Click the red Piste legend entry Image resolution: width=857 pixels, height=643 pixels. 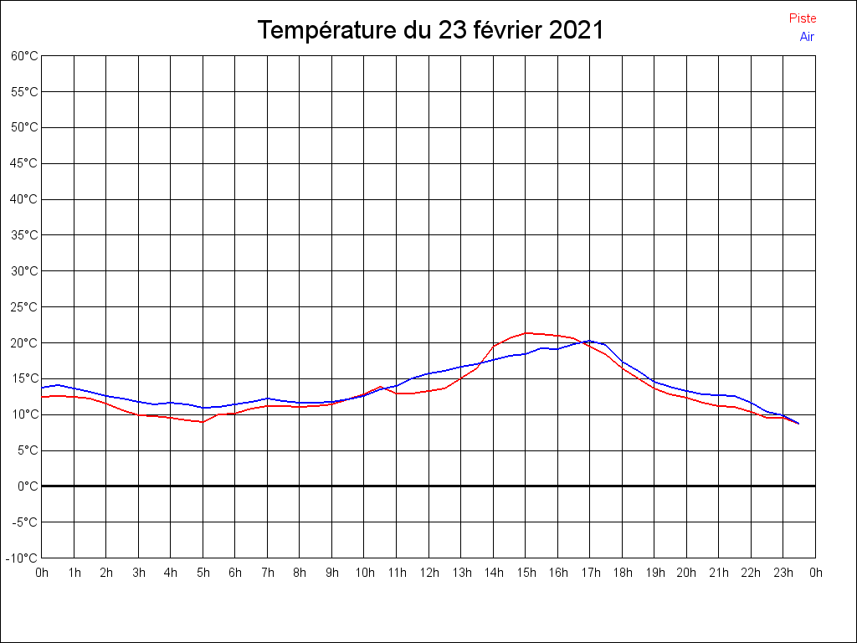[803, 18]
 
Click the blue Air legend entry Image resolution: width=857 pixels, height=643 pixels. [807, 37]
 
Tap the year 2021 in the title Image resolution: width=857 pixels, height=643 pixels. [577, 31]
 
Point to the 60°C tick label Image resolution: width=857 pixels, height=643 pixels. [24, 56]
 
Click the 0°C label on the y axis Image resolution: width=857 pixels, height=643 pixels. [28, 486]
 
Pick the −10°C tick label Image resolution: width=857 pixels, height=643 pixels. [23, 558]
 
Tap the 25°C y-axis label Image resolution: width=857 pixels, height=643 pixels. [24, 307]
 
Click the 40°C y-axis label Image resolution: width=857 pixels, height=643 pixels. [24, 199]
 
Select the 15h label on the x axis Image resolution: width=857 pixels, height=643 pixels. [526, 574]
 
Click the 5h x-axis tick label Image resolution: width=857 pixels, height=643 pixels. [203, 574]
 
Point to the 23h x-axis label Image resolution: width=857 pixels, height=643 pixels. [783, 574]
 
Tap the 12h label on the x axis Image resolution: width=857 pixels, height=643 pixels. [428, 574]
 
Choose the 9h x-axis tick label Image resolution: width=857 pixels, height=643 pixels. [332, 574]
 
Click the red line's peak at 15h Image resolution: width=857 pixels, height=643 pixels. [526, 333]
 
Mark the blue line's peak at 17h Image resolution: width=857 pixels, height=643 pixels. [590, 341]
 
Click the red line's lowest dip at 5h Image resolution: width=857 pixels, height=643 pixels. [203, 422]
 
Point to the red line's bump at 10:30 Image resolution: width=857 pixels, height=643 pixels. [381, 387]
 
